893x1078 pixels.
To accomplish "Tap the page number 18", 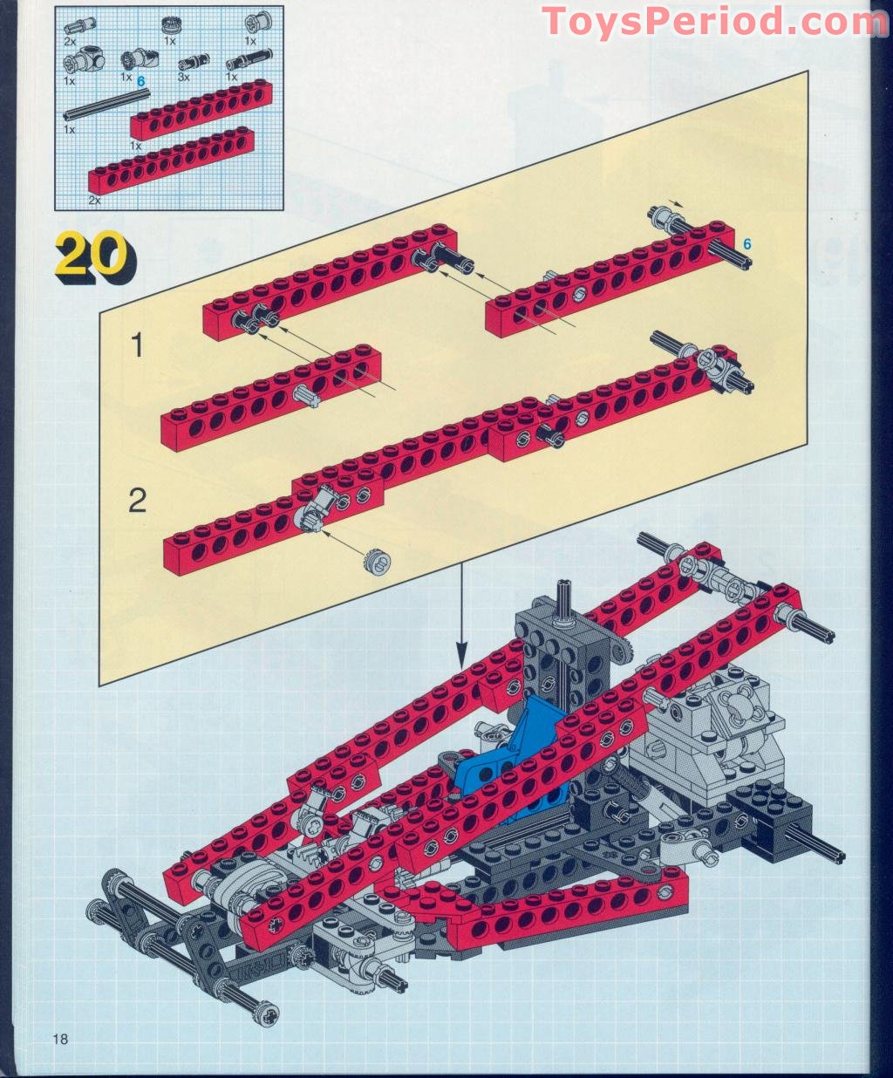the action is coord(60,1038).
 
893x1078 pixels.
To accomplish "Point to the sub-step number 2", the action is coord(137,501).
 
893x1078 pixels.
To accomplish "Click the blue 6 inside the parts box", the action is coord(141,81).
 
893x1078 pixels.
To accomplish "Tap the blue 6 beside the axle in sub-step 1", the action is coord(746,243).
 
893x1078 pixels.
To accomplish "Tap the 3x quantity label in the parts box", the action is coord(184,77).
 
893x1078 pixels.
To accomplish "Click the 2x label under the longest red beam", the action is coord(94,201).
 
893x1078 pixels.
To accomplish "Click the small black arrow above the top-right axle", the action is coord(675,202).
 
